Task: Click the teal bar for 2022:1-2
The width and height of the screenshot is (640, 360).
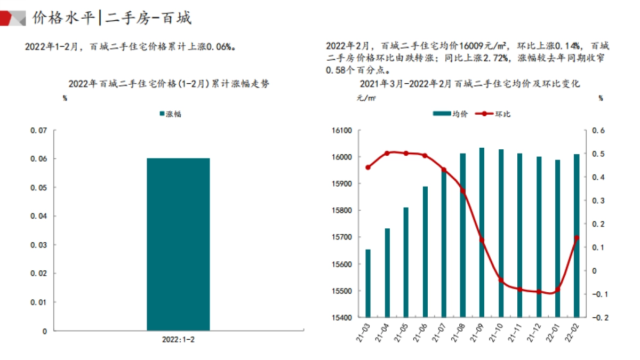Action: [178, 244]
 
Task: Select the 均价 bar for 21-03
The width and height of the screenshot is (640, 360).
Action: [368, 283]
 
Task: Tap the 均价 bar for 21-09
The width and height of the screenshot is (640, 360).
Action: [482, 233]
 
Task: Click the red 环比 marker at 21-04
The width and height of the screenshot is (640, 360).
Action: [387, 154]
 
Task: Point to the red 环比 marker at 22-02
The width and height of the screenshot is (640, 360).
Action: [577, 238]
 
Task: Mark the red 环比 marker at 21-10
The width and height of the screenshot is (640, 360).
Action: [501, 281]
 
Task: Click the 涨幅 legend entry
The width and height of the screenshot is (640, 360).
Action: [171, 114]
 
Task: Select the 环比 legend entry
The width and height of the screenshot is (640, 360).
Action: [497, 114]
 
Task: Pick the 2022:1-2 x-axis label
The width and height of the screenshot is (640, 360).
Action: [178, 339]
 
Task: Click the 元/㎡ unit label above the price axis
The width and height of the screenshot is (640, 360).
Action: [366, 98]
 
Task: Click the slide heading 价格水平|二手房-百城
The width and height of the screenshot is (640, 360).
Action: [111, 18]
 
